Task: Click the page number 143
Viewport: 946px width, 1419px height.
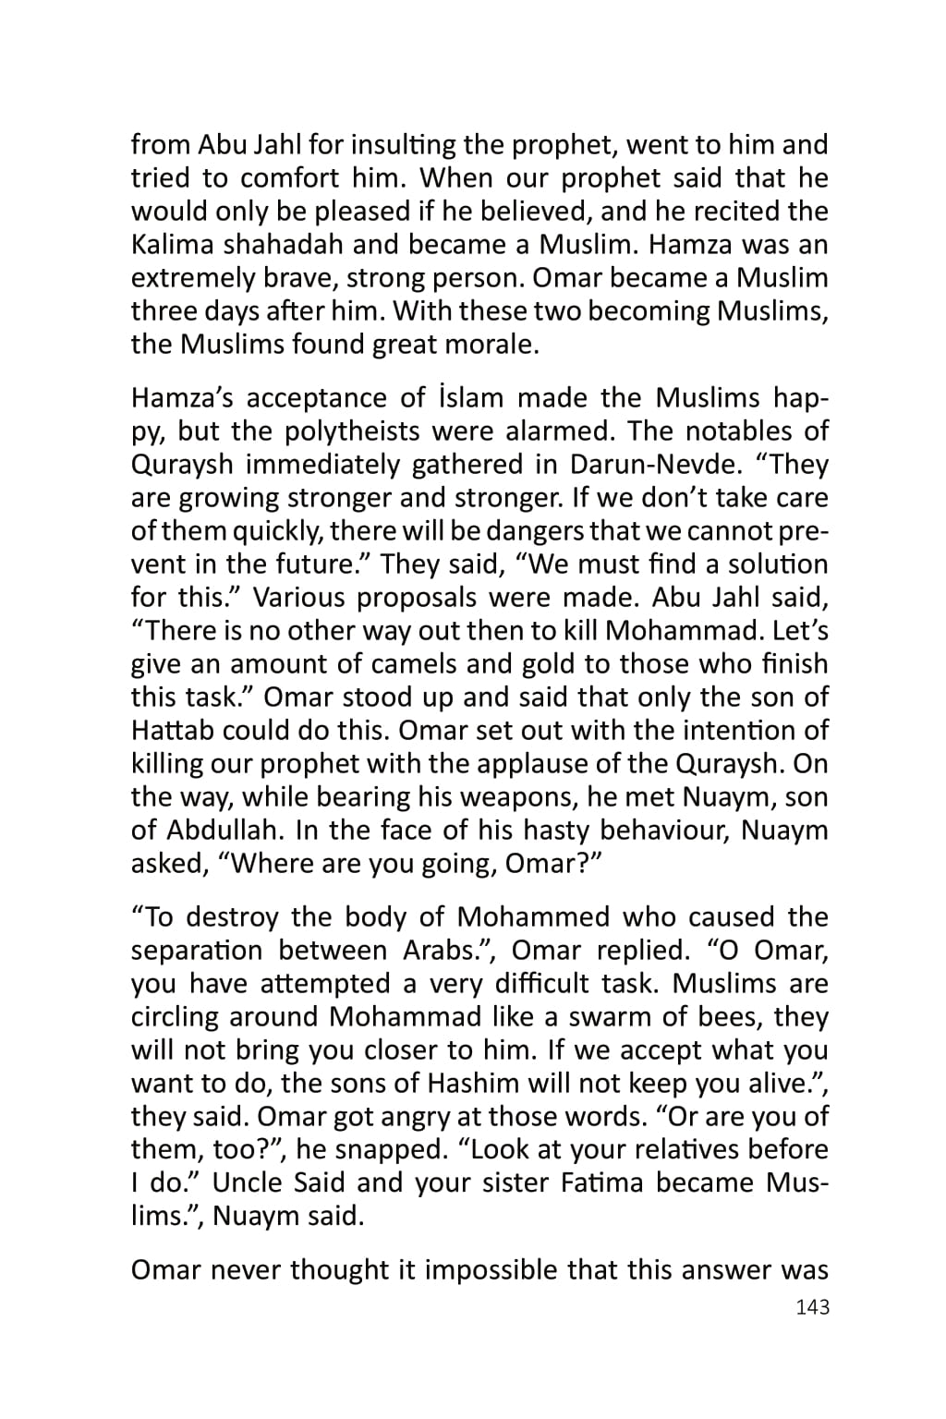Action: tap(812, 1307)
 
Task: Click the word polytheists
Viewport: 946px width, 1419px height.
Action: tap(359, 431)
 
